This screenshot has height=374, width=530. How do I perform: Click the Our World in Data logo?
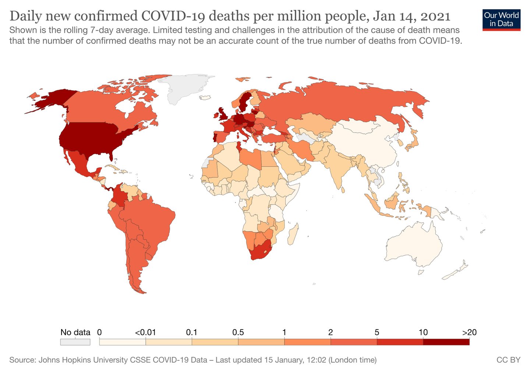tap(501, 20)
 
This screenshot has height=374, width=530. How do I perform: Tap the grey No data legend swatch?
tap(75, 342)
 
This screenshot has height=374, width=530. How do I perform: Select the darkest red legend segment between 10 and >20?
tap(446, 342)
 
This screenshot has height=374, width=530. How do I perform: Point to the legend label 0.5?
tap(238, 332)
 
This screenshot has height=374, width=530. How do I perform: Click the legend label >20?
tap(469, 332)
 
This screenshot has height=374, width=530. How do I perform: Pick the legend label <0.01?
tap(145, 332)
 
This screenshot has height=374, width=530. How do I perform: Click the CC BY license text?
tap(509, 360)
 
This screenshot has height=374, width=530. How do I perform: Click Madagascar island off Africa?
tap(293, 234)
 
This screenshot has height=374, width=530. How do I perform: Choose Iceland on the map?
tap(205, 97)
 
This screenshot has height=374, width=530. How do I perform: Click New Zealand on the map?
tap(456, 271)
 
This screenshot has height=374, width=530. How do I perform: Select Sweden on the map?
tap(244, 102)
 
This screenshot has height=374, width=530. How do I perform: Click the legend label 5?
tap(377, 332)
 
